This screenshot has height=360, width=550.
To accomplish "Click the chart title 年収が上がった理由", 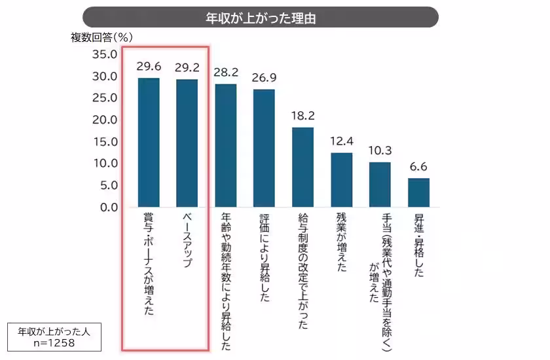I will [x=261, y=17].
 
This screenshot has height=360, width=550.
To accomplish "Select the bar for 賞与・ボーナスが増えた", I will [x=149, y=142].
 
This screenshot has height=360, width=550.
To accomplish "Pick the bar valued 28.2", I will [x=226, y=145].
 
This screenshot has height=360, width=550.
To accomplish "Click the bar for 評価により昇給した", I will [x=264, y=148].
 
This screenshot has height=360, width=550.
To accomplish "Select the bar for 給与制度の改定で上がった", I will [x=302, y=167].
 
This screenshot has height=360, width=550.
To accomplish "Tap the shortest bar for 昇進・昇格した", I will [x=418, y=192].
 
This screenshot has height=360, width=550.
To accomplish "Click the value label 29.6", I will [x=149, y=66].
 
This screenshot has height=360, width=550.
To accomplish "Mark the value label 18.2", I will [x=302, y=115].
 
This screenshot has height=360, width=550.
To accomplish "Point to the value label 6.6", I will [x=418, y=166].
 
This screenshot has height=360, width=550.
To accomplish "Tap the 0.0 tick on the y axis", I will [x=107, y=207].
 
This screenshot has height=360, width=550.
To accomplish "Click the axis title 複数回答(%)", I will [x=105, y=37].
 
